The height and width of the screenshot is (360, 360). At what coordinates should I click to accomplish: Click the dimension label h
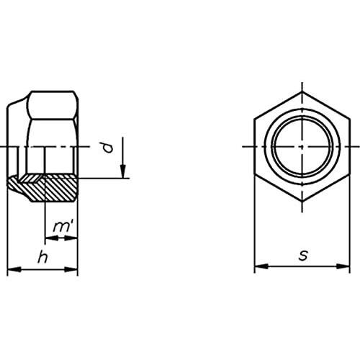click(x=42, y=258)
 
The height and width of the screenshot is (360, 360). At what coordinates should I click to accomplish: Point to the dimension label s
click(x=303, y=256)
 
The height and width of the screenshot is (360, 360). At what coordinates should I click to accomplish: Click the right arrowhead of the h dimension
click(x=71, y=270)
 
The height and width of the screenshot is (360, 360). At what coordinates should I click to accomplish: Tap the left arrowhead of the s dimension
click(x=261, y=266)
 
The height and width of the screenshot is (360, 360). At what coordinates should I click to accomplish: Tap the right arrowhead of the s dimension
click(x=343, y=266)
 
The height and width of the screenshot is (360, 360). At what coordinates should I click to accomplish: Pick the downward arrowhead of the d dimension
click(x=122, y=171)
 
